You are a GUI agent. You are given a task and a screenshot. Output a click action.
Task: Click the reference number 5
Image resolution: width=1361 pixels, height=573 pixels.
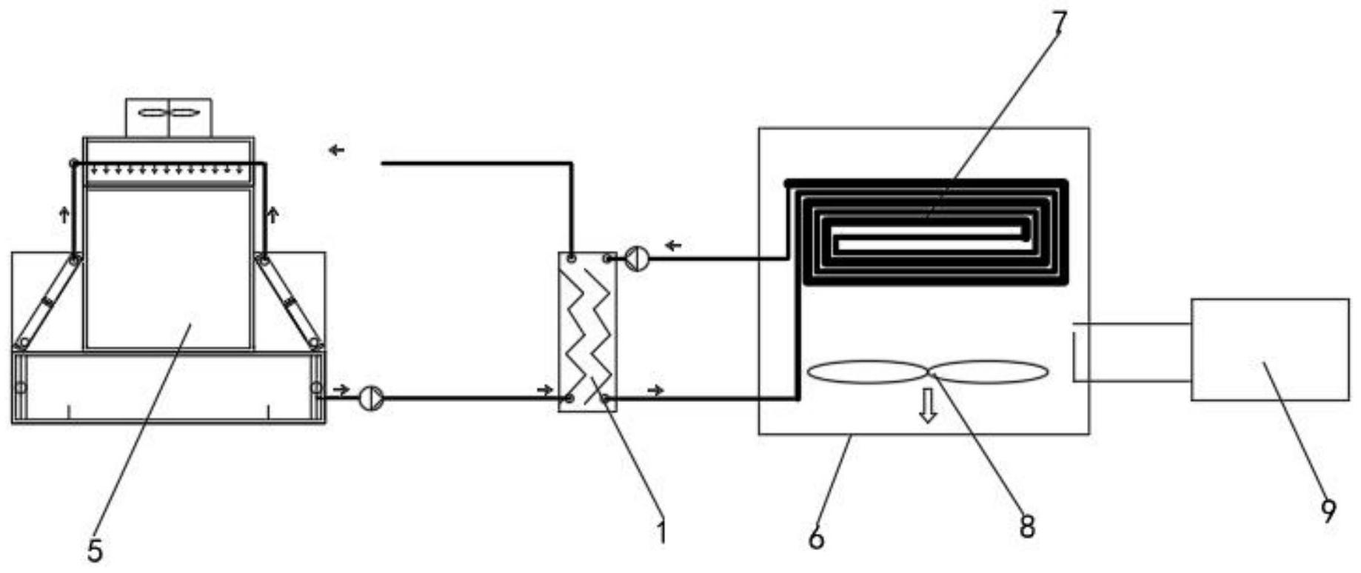pos(95,551)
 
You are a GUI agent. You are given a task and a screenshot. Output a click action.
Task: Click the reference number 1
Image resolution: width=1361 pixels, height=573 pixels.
pos(661,532)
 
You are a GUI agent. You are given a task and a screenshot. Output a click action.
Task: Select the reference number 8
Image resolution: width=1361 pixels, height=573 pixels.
pos(1026,527)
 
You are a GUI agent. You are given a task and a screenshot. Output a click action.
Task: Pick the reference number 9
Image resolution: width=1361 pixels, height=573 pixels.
pos(1328,511)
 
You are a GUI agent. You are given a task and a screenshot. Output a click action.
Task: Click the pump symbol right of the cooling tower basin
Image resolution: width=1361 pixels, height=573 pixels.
pos(371,398)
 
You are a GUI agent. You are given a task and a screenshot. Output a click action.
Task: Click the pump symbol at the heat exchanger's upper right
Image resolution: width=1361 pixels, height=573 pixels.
pos(637,258)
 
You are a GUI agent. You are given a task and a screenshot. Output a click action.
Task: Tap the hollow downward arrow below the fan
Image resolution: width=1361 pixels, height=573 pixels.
pos(927,406)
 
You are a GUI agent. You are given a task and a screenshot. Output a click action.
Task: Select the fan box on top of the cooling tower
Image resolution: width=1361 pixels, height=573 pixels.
pos(169,117)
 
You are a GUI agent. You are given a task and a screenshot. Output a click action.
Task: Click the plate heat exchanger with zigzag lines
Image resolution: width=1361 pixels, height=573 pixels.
pos(587,331)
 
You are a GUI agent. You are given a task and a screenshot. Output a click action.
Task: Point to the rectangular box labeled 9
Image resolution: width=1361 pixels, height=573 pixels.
pos(1269,349)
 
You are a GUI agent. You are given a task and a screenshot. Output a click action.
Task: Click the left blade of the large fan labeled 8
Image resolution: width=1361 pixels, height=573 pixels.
pos(866,372)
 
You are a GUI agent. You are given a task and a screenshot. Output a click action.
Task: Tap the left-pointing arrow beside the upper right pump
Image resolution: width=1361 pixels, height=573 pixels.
pos(673,245)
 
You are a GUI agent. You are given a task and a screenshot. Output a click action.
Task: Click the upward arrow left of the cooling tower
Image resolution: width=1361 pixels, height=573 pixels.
pos(64,215)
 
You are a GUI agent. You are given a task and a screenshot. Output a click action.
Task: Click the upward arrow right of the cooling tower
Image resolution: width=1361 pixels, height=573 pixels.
pos(273,215)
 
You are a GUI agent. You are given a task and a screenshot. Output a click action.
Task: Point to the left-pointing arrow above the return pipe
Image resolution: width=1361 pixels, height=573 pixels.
pos(337,150)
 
